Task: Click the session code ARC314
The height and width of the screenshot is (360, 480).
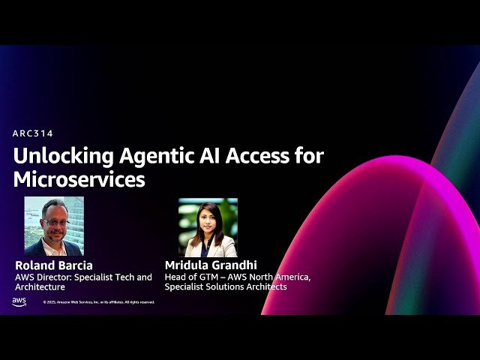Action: (x=33, y=133)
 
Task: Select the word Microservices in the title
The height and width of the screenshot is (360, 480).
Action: (x=79, y=180)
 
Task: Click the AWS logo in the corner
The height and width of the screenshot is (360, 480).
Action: (x=19, y=301)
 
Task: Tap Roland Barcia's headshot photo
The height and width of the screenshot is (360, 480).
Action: (x=54, y=226)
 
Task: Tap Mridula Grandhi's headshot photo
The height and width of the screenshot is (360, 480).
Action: (x=208, y=227)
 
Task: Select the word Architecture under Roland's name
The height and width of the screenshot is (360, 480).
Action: (x=40, y=286)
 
